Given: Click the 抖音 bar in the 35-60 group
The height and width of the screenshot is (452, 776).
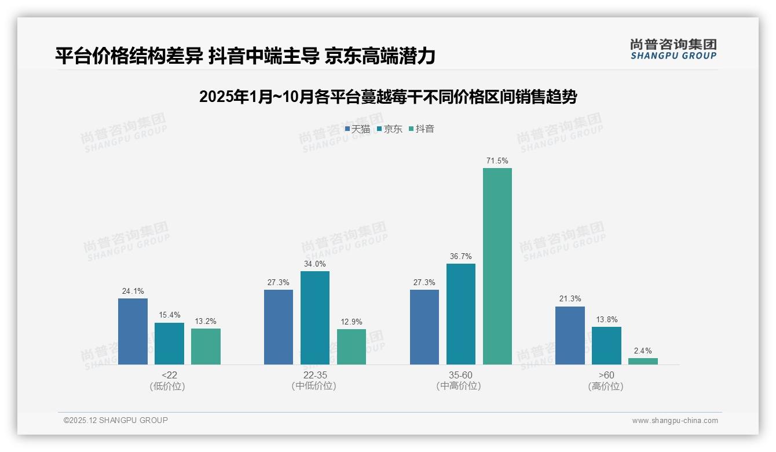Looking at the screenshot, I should [497, 267].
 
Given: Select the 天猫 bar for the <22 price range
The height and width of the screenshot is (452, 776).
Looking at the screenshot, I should [133, 331].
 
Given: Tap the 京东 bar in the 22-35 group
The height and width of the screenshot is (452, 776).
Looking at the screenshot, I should [314, 318].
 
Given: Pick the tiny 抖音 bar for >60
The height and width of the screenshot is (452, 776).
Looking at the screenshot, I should [643, 361].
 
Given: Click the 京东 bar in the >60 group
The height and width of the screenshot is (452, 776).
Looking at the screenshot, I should [606, 345].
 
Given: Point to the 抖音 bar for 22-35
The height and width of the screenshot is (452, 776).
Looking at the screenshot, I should [351, 347].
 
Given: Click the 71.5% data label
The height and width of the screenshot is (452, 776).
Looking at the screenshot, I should [497, 161].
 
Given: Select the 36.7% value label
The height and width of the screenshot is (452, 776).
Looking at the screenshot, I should [460, 256].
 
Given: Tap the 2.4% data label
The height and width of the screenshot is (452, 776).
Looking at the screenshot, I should [643, 351].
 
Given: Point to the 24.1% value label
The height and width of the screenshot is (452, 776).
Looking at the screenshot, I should [133, 291].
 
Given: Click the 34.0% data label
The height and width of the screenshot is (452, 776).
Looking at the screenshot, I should [314, 264].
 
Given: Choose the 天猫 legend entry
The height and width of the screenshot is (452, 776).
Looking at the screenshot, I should [357, 129].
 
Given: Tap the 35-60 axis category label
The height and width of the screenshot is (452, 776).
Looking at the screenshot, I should [460, 375].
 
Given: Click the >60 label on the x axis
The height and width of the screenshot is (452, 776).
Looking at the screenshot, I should [606, 375].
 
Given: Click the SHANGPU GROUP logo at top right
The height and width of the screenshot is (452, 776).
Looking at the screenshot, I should [673, 49].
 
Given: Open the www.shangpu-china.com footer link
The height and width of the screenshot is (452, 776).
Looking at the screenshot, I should [675, 421].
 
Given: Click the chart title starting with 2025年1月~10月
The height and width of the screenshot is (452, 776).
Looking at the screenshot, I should [387, 97].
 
